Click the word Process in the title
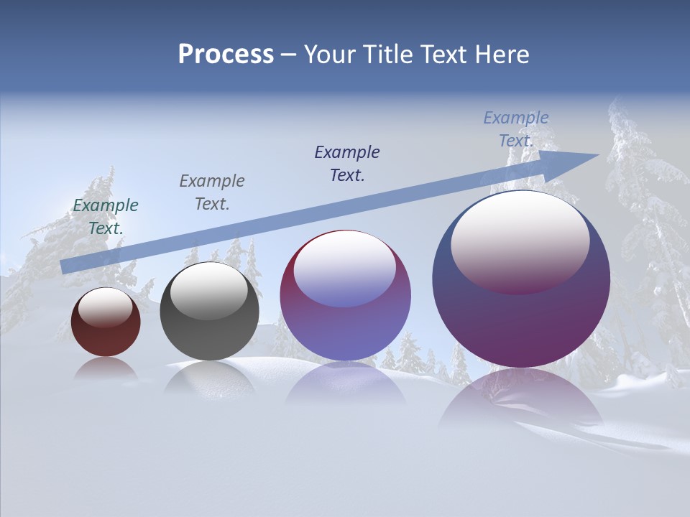226,55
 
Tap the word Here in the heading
500,55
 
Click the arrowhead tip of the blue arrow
598,155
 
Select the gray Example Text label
212,192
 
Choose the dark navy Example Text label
347,163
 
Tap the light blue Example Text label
516,129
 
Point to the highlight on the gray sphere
209,292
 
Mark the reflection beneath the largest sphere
521,402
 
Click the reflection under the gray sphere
209,377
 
